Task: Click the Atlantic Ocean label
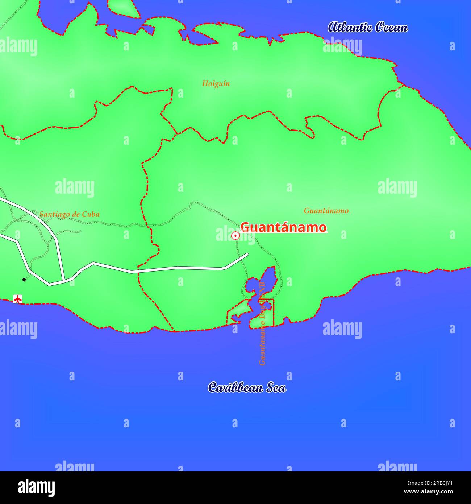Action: (367, 27)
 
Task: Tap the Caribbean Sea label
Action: (247, 387)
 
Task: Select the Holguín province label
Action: (216, 84)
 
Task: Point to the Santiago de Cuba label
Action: (70, 214)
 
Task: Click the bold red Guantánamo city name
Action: (283, 228)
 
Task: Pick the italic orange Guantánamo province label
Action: (326, 211)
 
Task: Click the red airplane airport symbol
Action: (18, 299)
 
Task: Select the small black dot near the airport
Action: (24, 280)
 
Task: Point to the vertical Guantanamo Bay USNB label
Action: (262, 323)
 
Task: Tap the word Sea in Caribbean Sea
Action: (276, 388)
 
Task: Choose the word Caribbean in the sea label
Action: (236, 387)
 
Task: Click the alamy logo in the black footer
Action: (36, 487)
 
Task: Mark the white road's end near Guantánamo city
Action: (247, 254)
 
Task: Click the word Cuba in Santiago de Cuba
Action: (91, 214)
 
